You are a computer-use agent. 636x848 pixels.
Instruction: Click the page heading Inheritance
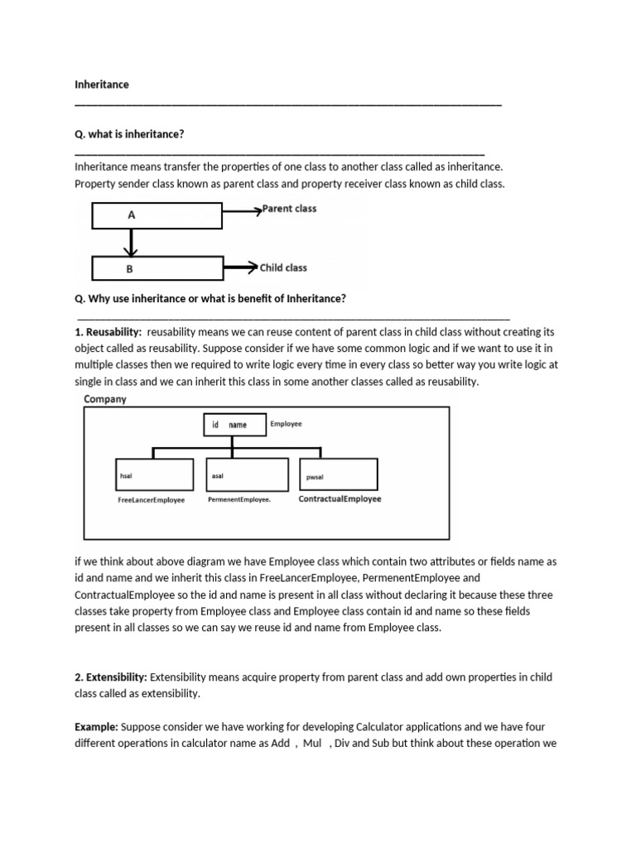pos(102,84)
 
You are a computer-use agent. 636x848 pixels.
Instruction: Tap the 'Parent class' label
pos(289,209)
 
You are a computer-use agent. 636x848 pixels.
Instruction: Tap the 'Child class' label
pos(283,267)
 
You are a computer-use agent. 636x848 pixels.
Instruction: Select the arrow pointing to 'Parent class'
pos(241,212)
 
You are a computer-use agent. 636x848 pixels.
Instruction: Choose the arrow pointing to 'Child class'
pos(240,267)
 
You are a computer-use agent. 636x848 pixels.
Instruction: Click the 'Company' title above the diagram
pos(105,399)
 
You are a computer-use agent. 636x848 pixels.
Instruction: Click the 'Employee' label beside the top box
pos(286,423)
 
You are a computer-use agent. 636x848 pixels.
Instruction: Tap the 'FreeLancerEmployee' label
pos(152,500)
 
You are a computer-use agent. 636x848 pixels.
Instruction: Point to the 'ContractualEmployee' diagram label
pos(340,499)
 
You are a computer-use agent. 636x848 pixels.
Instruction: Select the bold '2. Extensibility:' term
pos(111,677)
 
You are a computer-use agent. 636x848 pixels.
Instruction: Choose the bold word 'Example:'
pos(96,727)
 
